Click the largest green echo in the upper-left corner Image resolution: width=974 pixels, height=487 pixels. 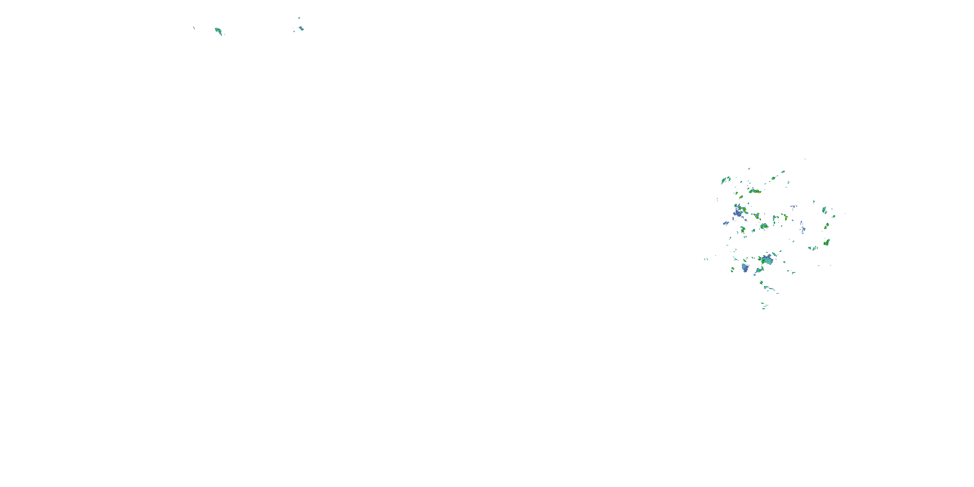tap(218, 30)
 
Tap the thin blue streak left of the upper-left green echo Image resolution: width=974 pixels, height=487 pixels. tap(194, 28)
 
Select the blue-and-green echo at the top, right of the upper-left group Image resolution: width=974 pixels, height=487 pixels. tap(301, 28)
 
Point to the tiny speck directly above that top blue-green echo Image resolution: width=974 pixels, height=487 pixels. tap(299, 18)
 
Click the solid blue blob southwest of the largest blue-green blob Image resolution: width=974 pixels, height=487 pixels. tap(745, 268)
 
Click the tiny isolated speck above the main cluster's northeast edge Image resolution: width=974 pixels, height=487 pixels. tap(805, 159)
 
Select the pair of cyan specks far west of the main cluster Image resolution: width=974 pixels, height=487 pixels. tap(706, 259)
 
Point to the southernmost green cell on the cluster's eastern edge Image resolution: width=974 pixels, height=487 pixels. tap(827, 242)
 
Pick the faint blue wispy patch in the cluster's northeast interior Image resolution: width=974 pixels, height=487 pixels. tap(793, 206)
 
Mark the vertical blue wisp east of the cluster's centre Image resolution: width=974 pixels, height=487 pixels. tap(802, 228)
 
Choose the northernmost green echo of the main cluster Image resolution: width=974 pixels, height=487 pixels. tap(783, 171)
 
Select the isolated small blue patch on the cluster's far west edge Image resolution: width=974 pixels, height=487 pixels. tap(726, 223)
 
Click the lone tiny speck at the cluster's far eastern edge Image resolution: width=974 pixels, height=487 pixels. tap(845, 214)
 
